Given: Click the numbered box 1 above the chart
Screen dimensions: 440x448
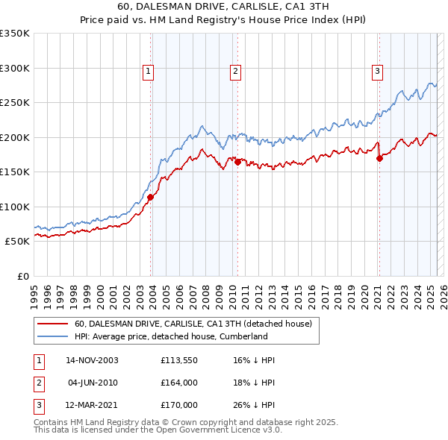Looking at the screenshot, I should pyautogui.click(x=149, y=72).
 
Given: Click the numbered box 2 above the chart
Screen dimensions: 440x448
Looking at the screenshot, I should pyautogui.click(x=235, y=72).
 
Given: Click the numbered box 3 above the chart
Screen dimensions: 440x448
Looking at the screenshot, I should pyautogui.click(x=378, y=72).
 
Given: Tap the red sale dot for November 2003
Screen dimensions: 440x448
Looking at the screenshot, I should pyautogui.click(x=151, y=198).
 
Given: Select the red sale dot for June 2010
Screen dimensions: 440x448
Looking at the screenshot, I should pyautogui.click(x=237, y=161).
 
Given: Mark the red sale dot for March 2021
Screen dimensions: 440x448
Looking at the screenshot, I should pyautogui.click(x=379, y=157).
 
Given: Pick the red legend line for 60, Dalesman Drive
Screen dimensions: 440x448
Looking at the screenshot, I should pyautogui.click(x=52, y=324).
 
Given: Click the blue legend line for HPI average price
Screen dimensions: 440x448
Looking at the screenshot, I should pyautogui.click(x=52, y=336).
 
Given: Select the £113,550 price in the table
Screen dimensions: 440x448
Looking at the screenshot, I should pyautogui.click(x=178, y=360).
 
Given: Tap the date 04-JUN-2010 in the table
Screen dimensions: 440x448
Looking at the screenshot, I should pyautogui.click(x=93, y=383).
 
